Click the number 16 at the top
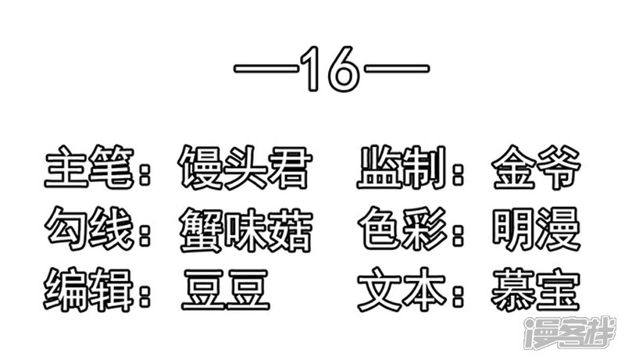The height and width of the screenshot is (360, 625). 330,69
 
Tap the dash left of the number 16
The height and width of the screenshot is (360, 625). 266,69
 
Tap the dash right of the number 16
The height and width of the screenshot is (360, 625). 397,69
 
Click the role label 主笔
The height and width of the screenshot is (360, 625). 89,167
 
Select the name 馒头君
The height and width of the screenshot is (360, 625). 245,167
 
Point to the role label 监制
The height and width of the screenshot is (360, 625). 402,167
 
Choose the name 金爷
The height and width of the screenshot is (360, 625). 536,167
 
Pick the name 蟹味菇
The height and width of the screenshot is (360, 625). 245,230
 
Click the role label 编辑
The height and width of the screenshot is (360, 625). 88,290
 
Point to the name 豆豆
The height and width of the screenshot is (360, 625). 226,290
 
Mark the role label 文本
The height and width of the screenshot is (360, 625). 402,290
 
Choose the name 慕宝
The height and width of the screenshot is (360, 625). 535,290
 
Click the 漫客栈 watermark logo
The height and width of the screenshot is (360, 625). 570,333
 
